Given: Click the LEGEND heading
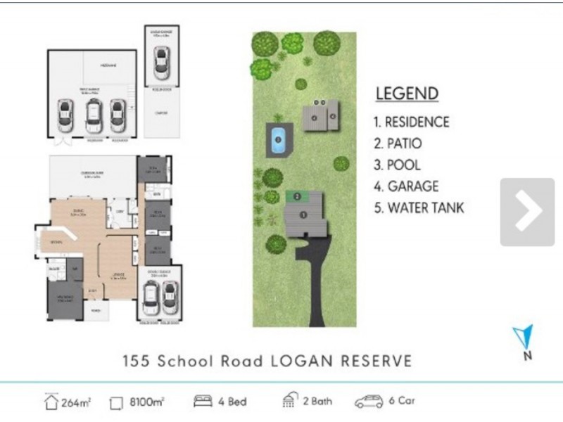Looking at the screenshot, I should click(x=407, y=94).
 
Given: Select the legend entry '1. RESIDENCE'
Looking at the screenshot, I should click(x=411, y=122).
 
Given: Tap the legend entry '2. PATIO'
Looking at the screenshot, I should click(x=398, y=143).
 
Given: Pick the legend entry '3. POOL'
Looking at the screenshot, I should click(x=397, y=165).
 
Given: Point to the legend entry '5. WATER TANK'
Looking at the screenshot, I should click(x=419, y=208).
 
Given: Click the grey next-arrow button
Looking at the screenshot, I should click(x=527, y=212).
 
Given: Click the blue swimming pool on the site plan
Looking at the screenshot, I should click(x=278, y=140).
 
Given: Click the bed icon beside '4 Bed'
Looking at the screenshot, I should click(x=203, y=402).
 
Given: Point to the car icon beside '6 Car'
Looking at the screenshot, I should click(x=369, y=402).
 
